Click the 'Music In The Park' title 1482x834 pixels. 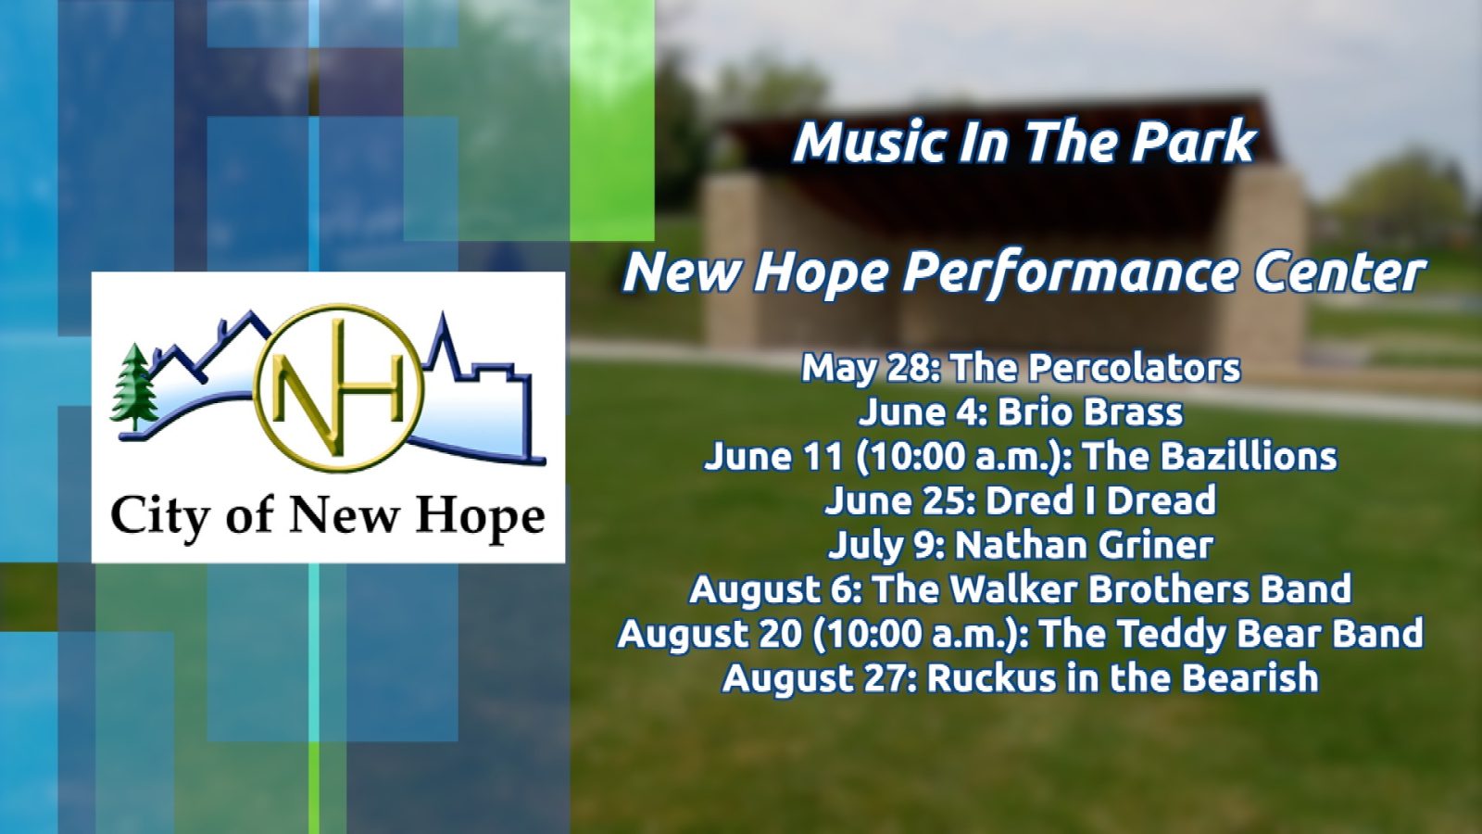pyautogui.click(x=1024, y=143)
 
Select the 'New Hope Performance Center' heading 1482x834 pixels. pyautogui.click(x=1023, y=272)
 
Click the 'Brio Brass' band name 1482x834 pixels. pyautogui.click(x=1089, y=411)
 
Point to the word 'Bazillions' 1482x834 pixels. pyautogui.click(x=1236, y=456)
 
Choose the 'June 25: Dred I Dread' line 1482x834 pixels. pyautogui.click(x=1020, y=499)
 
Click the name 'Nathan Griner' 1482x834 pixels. pyautogui.click(x=1084, y=545)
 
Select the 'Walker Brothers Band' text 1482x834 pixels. pyautogui.click(x=1151, y=589)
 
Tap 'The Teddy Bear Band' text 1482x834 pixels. pyautogui.click(x=1232, y=633)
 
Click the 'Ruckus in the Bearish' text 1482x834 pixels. pyautogui.click(x=1123, y=677)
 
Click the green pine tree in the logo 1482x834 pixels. pyautogui.click(x=135, y=386)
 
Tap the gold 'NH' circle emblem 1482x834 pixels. pyautogui.click(x=339, y=387)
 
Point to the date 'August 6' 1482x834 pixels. pyautogui.click(x=772, y=590)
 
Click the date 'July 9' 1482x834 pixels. pyautogui.click(x=884, y=546)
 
